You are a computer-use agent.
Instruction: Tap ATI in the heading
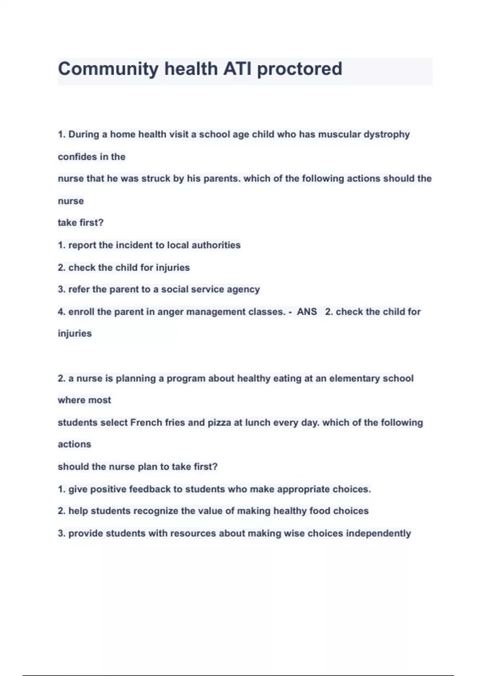[237, 69]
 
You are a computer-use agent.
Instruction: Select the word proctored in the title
[299, 69]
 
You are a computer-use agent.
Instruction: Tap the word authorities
[216, 245]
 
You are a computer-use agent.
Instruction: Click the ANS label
[307, 311]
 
